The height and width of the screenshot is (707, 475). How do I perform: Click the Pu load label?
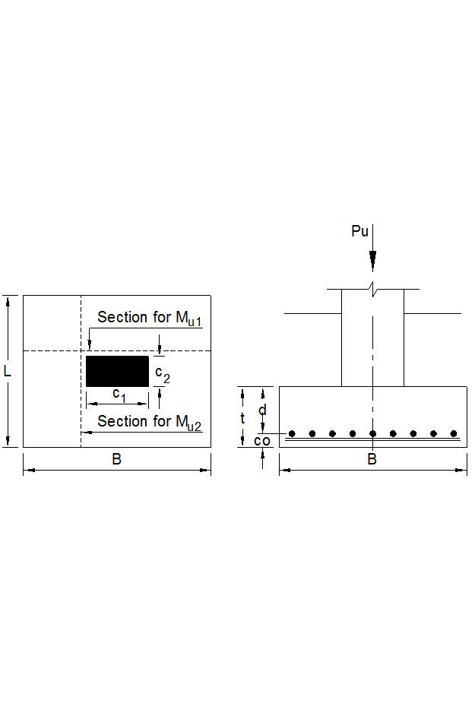(x=359, y=231)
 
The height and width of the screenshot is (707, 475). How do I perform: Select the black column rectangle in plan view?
(x=117, y=371)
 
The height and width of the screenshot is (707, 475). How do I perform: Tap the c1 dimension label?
(x=119, y=393)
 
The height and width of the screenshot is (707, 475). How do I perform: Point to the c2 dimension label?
(x=163, y=374)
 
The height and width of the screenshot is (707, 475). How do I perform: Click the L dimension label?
(x=8, y=372)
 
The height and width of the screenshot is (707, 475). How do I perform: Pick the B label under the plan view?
(x=117, y=459)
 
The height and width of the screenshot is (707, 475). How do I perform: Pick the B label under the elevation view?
(x=372, y=459)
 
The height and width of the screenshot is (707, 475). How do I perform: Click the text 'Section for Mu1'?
(x=149, y=318)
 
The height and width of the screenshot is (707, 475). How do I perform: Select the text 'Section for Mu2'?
(x=149, y=421)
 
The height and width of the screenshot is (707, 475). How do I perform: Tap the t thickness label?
(x=242, y=418)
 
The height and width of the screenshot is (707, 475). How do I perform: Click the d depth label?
(x=263, y=411)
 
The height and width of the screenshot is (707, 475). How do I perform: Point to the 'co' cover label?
(x=262, y=441)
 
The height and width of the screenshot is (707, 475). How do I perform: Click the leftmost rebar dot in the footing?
(x=292, y=433)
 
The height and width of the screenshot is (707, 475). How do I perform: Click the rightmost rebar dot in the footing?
(x=454, y=433)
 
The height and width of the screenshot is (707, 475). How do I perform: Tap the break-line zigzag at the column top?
(x=372, y=288)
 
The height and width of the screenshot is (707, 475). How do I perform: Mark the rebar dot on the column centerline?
(x=372, y=433)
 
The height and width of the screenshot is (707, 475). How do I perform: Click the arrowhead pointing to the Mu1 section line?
(x=89, y=347)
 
